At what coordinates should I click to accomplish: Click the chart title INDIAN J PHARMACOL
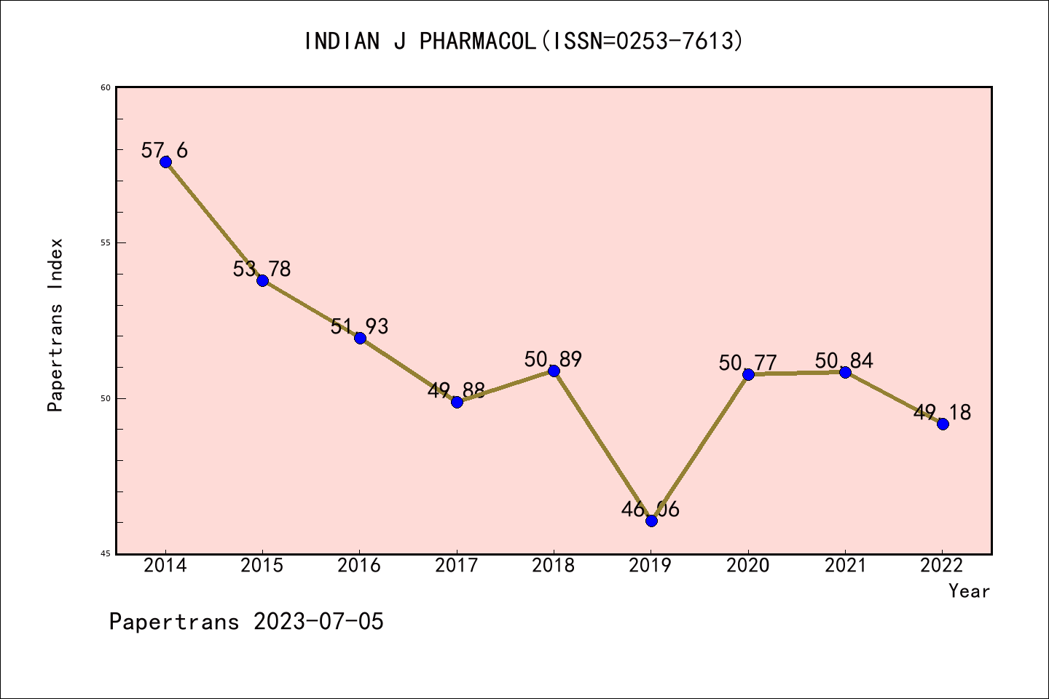coord(524,41)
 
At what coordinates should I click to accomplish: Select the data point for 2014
coord(165,162)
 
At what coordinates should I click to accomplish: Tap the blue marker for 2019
coord(651,521)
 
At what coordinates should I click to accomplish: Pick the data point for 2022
coord(943,424)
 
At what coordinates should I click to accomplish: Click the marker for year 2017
coord(457,402)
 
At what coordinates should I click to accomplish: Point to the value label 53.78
coord(262,269)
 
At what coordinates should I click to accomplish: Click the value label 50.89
coord(553,359)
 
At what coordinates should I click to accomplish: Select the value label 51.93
coord(359,326)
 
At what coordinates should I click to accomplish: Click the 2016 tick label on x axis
coord(359,566)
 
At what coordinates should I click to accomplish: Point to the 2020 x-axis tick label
coord(748,566)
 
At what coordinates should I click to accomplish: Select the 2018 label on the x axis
coord(554,566)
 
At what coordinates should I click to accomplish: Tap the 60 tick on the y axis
coord(105,87)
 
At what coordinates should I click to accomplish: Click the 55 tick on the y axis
coord(105,242)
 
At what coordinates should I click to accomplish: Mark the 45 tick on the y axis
coord(105,553)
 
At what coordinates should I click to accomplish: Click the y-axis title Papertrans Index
coord(55,325)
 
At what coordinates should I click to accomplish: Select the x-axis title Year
coord(969,591)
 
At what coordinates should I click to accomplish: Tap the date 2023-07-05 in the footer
coord(318,622)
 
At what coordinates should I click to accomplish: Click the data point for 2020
coord(748,374)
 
